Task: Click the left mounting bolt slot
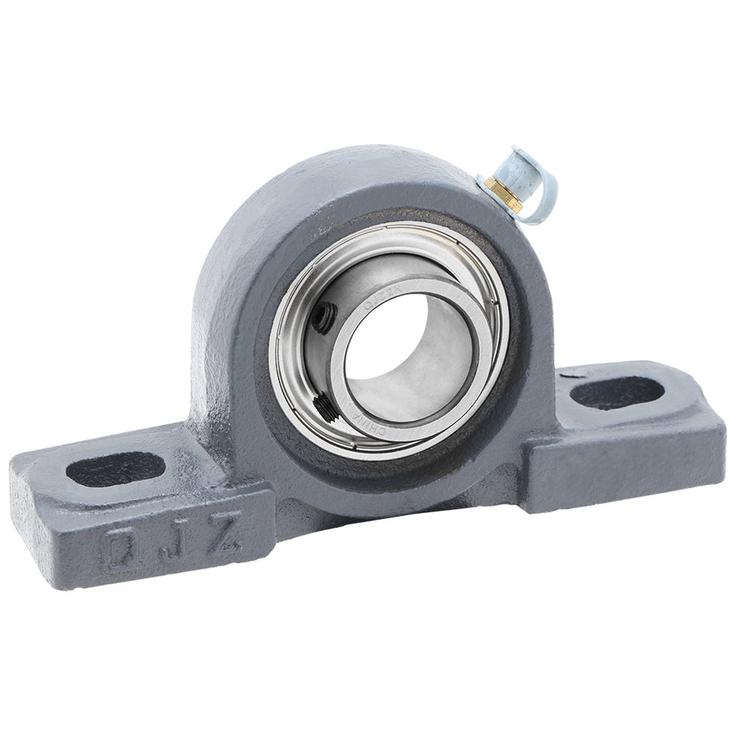click(115, 469)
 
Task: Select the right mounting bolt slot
click(617, 393)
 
